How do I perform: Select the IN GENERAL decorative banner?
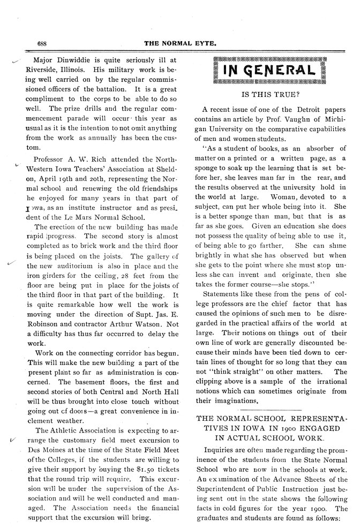(269, 70)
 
